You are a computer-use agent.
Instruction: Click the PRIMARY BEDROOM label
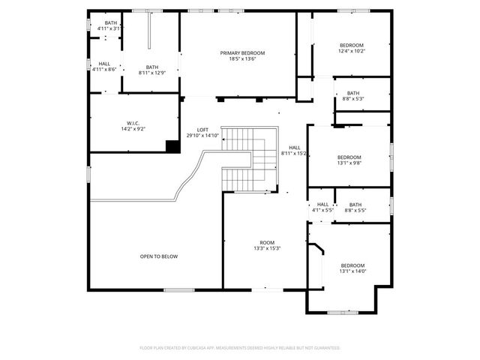(242, 53)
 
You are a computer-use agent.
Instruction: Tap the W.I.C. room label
(133, 123)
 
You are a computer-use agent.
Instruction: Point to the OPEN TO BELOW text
(159, 256)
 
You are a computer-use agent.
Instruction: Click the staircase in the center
(251, 157)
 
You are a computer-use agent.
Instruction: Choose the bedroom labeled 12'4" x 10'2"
(351, 49)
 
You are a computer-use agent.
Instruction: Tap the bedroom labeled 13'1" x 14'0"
(352, 268)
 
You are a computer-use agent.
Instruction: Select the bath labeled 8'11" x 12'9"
(152, 70)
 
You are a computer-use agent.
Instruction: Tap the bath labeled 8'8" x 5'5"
(355, 207)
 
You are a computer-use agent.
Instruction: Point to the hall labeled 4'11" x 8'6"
(104, 66)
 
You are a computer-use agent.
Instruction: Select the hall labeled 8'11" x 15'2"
(295, 150)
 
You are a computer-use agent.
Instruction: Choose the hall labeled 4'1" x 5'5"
(322, 207)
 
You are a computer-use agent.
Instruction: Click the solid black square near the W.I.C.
(172, 147)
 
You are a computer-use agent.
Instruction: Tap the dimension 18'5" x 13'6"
(242, 58)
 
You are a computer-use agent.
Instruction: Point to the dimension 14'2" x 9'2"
(133, 128)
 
